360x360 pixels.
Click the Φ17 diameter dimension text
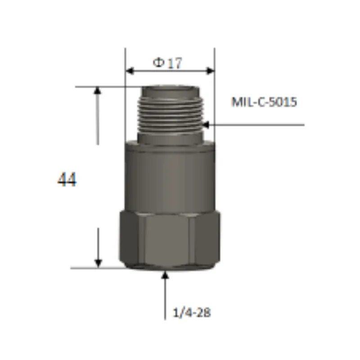click(x=167, y=63)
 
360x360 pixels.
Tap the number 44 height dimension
click(x=67, y=180)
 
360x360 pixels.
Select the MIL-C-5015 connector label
click(x=264, y=102)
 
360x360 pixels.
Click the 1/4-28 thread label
click(x=192, y=312)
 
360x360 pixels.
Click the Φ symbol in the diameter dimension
click(x=158, y=63)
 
